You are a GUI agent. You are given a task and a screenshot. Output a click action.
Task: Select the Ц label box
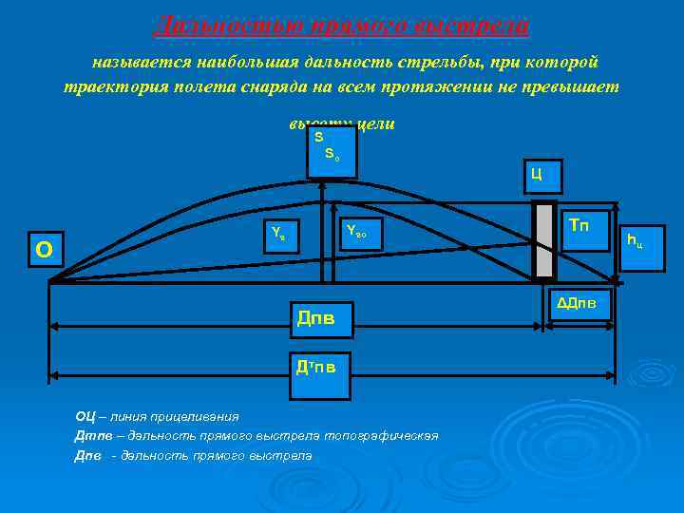538,174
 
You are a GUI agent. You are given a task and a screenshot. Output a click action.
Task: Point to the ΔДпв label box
578,303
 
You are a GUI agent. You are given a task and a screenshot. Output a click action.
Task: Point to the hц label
633,238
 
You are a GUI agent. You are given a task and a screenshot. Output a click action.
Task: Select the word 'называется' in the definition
142,63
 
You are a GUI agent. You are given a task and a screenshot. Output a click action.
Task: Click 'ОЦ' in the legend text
84,416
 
